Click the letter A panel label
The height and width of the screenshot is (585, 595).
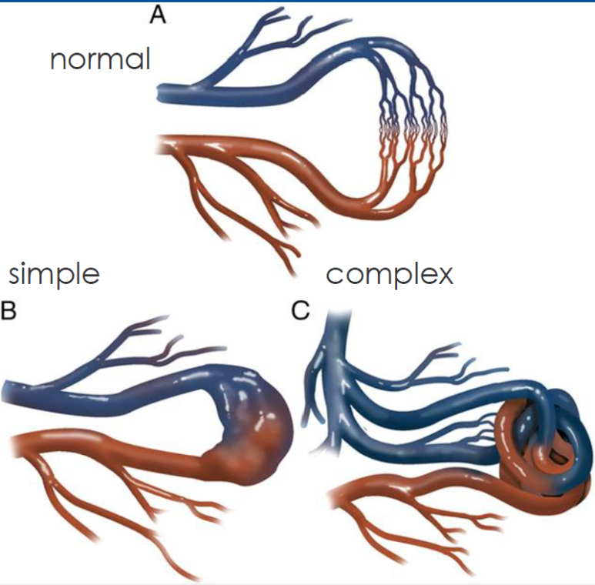[158, 15]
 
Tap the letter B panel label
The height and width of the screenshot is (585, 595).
[8, 310]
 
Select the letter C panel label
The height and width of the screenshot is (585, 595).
[300, 310]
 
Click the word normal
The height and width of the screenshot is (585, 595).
[100, 59]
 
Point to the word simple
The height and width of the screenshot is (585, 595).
[54, 274]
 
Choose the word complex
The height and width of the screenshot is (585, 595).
[389, 274]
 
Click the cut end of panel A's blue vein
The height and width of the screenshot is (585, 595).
[159, 94]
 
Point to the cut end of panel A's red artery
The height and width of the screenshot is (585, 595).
[159, 144]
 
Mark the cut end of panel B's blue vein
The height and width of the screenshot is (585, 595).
[5, 392]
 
